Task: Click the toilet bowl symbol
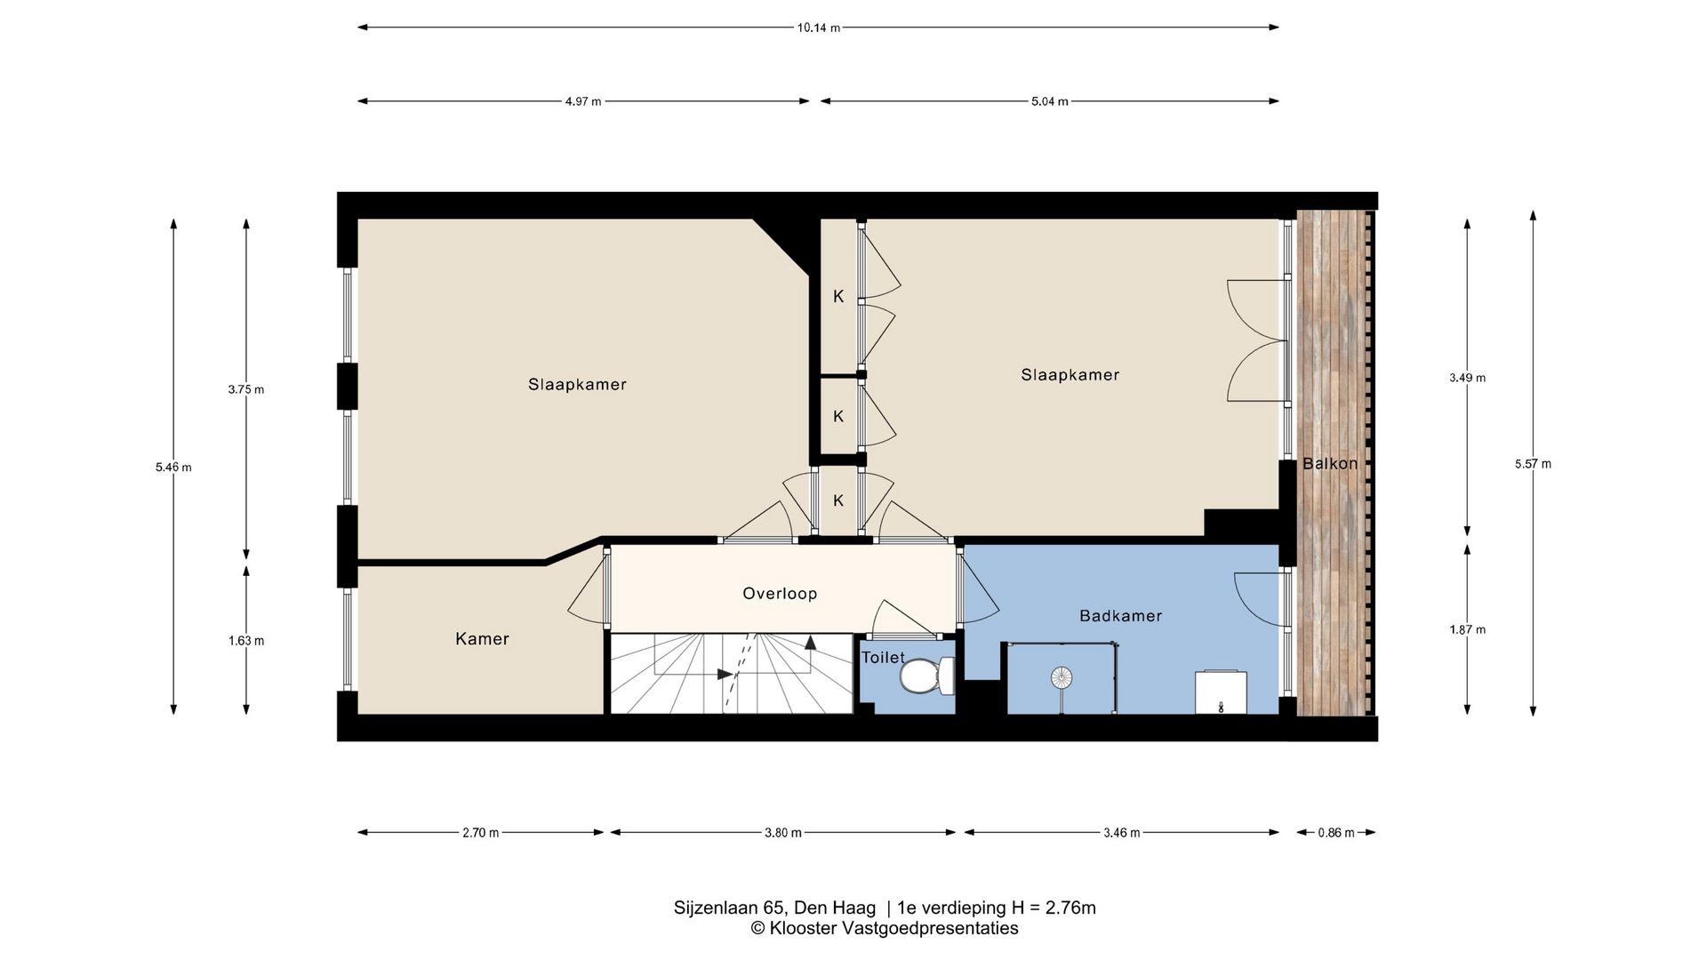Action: click(x=925, y=676)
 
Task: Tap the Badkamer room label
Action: click(x=1120, y=615)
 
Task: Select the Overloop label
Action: click(x=780, y=593)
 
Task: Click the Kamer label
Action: click(x=482, y=638)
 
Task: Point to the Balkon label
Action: click(x=1330, y=463)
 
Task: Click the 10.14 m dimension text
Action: click(x=818, y=28)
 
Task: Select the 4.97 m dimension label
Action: click(x=583, y=101)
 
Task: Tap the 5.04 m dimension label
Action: click(x=1050, y=101)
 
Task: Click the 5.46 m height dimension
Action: click(x=173, y=468)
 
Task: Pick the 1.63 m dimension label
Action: click(x=246, y=641)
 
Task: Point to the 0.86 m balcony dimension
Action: click(x=1336, y=833)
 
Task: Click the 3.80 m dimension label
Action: click(x=783, y=833)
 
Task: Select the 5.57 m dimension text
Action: click(x=1533, y=464)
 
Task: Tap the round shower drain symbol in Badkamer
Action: click(x=1062, y=678)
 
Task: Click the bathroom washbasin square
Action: click(x=1222, y=692)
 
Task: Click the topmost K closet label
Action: click(x=838, y=297)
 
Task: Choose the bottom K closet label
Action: click(x=838, y=500)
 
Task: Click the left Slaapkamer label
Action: click(x=577, y=385)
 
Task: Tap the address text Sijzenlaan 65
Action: click(x=730, y=908)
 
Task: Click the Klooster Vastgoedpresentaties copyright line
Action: click(x=885, y=929)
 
